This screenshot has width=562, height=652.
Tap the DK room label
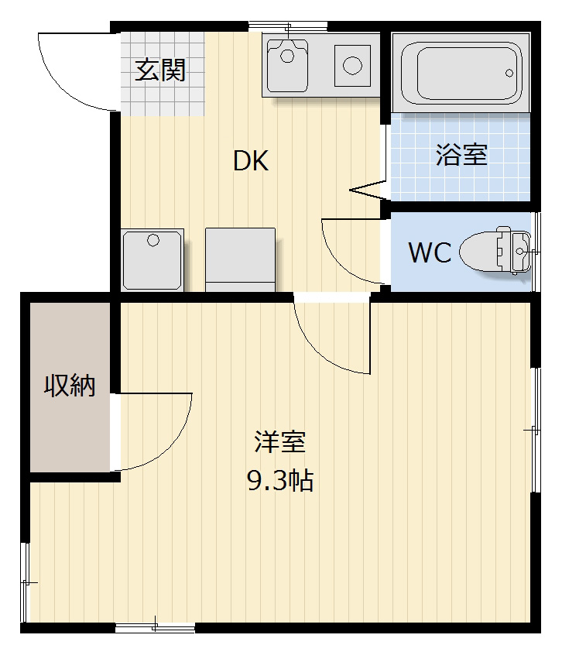click(x=251, y=161)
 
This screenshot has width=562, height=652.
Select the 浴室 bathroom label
click(x=461, y=155)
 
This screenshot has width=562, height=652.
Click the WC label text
click(x=430, y=252)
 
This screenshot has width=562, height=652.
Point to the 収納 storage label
click(x=69, y=384)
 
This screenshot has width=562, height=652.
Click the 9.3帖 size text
click(x=279, y=481)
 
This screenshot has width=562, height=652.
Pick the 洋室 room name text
click(x=280, y=442)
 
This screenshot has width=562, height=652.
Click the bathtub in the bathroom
click(x=461, y=72)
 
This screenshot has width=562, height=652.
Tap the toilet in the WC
click(x=495, y=252)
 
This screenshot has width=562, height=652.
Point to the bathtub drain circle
click(x=509, y=73)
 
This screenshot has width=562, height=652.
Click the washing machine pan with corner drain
click(x=152, y=259)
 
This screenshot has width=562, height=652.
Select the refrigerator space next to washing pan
click(x=240, y=259)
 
